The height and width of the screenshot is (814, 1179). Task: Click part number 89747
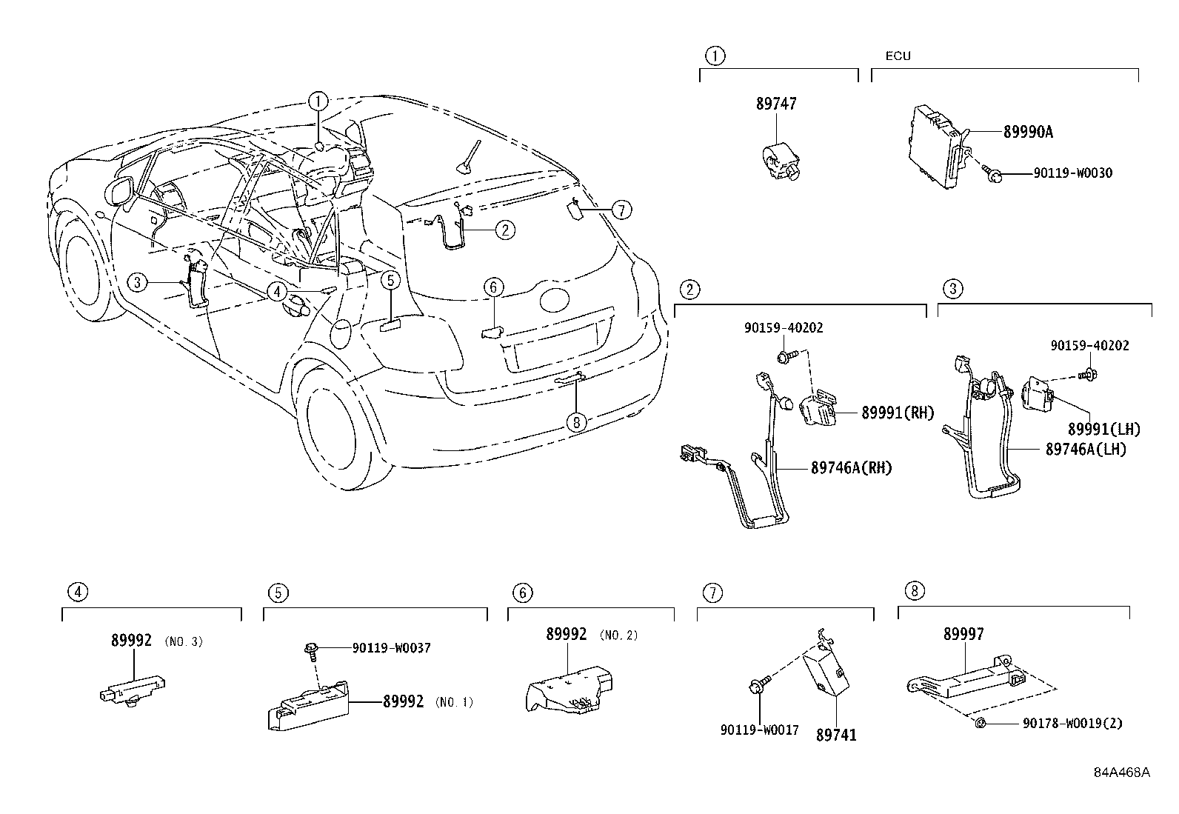coord(776,104)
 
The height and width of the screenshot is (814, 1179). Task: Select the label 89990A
coord(1028,133)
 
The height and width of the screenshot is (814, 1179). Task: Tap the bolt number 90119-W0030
coord(1072,174)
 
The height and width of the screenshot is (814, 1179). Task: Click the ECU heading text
coord(898,56)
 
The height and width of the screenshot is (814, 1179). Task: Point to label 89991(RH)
coord(898,413)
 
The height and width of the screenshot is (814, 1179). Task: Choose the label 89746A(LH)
coord(1086,450)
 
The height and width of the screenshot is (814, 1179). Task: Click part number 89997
coord(963,635)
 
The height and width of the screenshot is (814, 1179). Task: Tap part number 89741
coord(836,735)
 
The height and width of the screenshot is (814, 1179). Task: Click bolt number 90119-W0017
coord(759,730)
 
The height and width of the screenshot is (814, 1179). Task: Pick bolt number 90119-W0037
coord(391,648)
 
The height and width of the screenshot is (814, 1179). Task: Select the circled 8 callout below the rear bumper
coord(575,423)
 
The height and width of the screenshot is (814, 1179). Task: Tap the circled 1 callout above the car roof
coord(318,101)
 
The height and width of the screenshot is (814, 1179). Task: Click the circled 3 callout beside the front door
coord(137,281)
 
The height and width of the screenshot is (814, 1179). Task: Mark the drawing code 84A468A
coord(1122,773)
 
